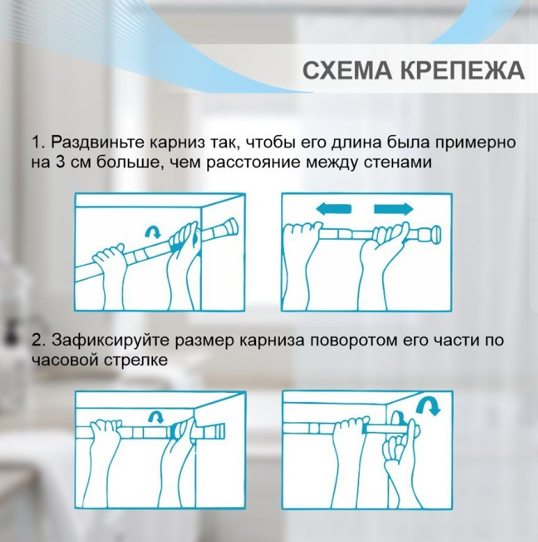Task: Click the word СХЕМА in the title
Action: click(x=347, y=70)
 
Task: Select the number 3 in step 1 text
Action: click(x=60, y=162)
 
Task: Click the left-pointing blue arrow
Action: click(x=333, y=209)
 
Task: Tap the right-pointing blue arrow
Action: click(x=394, y=209)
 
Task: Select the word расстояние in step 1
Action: click(x=254, y=162)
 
